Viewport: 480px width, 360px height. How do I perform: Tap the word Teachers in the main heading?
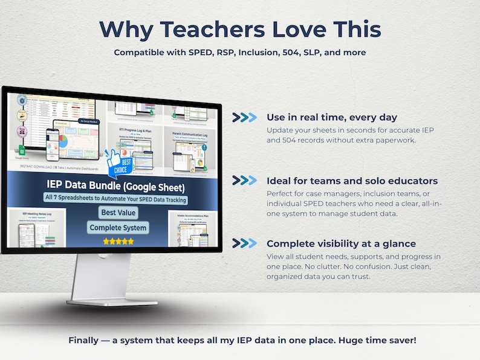202,29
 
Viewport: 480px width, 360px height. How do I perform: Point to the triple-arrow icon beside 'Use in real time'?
245,117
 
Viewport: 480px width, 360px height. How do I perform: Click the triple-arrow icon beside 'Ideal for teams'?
245,181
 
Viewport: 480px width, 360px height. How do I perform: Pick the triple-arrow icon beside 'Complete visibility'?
245,243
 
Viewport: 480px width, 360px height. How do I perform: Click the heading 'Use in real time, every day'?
332,117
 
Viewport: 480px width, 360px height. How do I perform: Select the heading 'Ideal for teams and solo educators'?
352,181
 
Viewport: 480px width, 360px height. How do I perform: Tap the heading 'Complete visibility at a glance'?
341,243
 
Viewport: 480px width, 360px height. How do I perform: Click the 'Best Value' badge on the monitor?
118,213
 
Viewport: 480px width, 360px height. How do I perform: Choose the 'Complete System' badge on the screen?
118,228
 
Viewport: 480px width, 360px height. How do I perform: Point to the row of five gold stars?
118,241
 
